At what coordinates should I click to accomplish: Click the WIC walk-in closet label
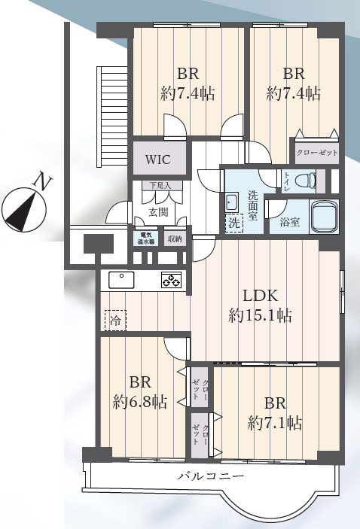pyautogui.click(x=157, y=160)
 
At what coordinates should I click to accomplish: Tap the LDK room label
pyautogui.click(x=261, y=296)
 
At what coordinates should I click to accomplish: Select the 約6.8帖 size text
pyautogui.click(x=140, y=402)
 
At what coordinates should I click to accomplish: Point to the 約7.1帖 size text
pyautogui.click(x=275, y=423)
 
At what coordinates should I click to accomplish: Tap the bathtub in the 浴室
pyautogui.click(x=324, y=216)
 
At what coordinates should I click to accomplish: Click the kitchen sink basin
pyautogui.click(x=121, y=280)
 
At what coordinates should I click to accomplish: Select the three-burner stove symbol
pyautogui.click(x=171, y=279)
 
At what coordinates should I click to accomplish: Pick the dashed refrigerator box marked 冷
pyautogui.click(x=115, y=321)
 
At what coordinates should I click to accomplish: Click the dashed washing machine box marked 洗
pyautogui.click(x=234, y=223)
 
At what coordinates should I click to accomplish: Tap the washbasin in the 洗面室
pyautogui.click(x=232, y=202)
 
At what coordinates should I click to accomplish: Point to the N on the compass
pyautogui.click(x=43, y=181)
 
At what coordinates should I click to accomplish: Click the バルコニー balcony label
pyautogui.click(x=211, y=476)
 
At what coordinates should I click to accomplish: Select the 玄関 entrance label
pyautogui.click(x=158, y=212)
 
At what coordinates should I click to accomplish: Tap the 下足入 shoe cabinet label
pyautogui.click(x=161, y=186)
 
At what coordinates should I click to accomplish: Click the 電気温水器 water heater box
pyautogui.click(x=146, y=239)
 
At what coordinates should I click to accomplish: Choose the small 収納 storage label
pyautogui.click(x=175, y=239)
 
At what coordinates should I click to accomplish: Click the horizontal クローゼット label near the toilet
pyautogui.click(x=317, y=153)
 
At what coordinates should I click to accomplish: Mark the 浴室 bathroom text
pyautogui.click(x=290, y=222)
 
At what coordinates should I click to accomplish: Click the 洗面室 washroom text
pyautogui.click(x=253, y=205)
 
